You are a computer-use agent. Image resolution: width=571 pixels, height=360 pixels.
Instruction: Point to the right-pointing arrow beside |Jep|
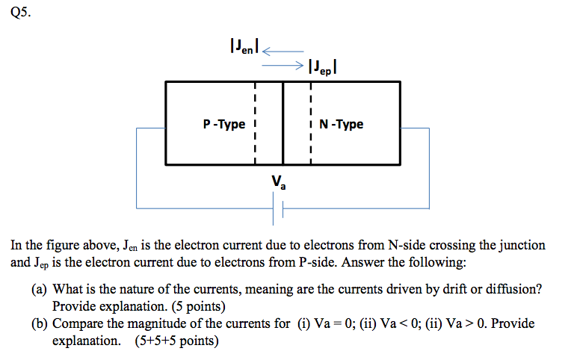283,66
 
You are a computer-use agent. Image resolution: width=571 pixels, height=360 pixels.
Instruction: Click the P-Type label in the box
223,124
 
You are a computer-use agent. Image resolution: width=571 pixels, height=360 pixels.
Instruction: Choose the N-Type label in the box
342,124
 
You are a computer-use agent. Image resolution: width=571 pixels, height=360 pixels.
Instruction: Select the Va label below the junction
279,181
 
